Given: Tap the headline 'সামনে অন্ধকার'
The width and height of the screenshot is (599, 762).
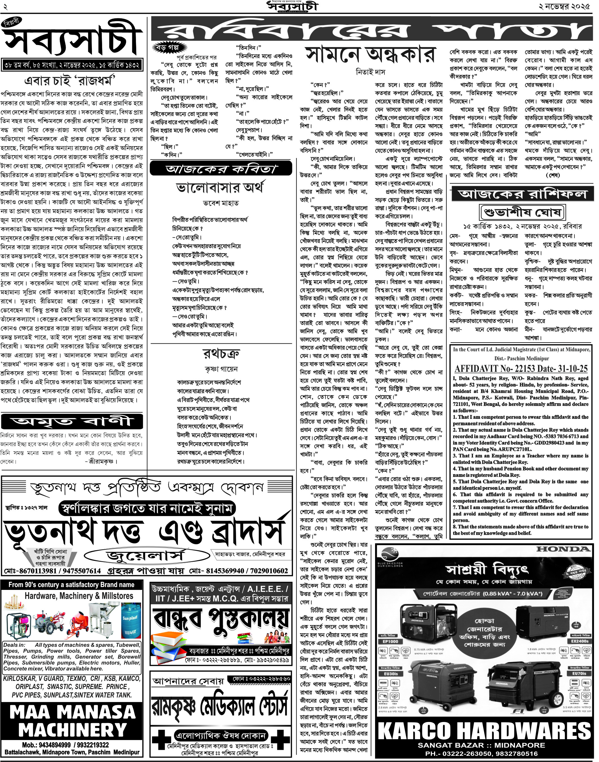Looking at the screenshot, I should point(370,55).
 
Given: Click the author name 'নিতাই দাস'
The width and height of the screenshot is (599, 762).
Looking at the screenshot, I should point(370,72).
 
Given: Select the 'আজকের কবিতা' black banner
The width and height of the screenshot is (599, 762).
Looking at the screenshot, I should point(221,169).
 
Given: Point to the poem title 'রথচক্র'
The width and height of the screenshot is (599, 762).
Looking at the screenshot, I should point(221,354).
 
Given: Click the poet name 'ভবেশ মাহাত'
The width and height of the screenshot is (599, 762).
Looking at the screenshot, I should point(221,203).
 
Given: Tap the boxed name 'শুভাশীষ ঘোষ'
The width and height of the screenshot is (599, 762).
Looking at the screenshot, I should point(522,212).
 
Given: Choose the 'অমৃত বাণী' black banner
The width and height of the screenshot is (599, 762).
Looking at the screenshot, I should point(72,421).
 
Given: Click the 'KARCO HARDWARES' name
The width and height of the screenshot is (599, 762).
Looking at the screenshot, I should point(485,731).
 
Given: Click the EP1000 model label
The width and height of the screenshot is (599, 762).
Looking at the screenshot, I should point(390,641).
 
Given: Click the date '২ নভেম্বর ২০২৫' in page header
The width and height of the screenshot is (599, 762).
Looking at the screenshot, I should point(565,6).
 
